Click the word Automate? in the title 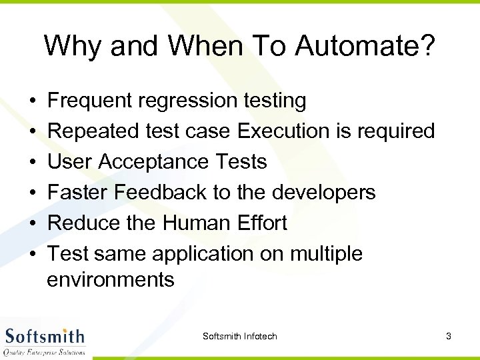[365, 46]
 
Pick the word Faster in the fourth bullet [78, 193]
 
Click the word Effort [261, 223]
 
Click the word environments [111, 279]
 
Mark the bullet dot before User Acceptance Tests [33, 163]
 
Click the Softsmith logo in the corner [45, 341]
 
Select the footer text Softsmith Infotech [240, 336]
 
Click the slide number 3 [449, 336]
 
